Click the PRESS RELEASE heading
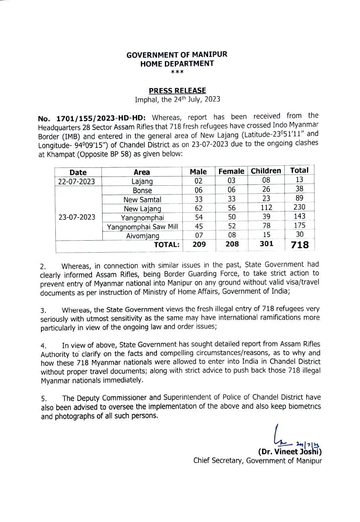(x=177, y=91)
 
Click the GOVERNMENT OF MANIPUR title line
(x=177, y=54)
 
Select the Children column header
(x=266, y=171)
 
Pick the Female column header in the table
(x=231, y=171)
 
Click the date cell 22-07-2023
(x=78, y=181)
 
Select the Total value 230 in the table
(x=299, y=207)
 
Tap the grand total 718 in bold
(x=300, y=245)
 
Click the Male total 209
(x=199, y=244)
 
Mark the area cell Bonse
(x=142, y=190)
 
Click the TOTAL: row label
(x=166, y=245)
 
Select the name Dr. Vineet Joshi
(x=290, y=452)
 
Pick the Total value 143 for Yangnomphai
(x=299, y=216)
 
